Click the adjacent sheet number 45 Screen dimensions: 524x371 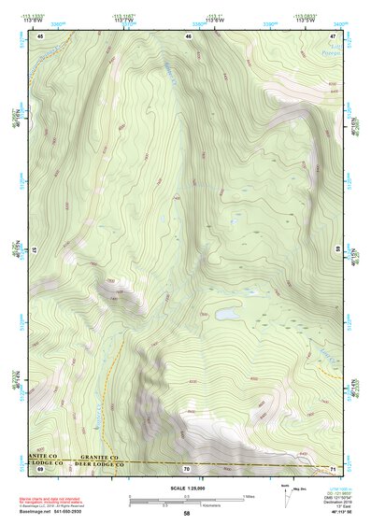tap(41, 35)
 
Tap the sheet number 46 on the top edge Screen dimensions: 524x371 tap(188, 35)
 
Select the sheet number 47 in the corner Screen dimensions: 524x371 tap(334, 35)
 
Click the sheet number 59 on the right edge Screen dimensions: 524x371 tap(337, 248)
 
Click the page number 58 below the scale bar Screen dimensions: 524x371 tap(187, 514)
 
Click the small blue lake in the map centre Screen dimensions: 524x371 tap(227, 315)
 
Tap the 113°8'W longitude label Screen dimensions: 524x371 tap(39, 19)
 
